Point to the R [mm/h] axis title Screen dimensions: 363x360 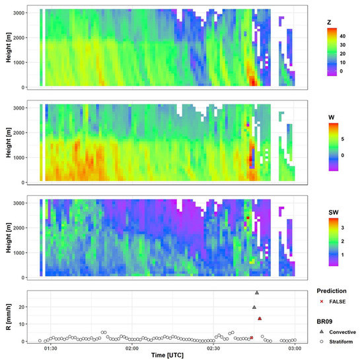[7, 317]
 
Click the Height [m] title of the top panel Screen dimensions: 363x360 [7, 48]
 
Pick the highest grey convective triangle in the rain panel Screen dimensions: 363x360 [257, 292]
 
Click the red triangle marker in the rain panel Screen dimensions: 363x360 [260, 319]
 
